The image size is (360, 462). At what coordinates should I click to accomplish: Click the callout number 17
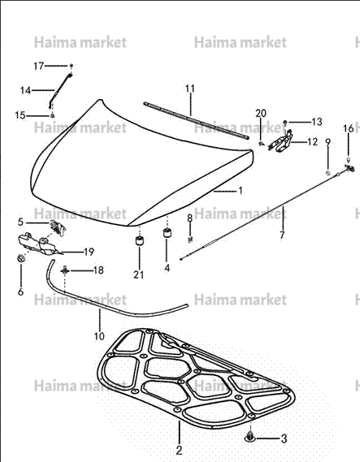click(39, 66)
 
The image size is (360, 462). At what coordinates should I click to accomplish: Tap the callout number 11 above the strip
click(190, 89)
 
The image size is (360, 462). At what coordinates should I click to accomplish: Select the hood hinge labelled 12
click(280, 142)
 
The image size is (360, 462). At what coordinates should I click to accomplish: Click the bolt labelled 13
click(285, 122)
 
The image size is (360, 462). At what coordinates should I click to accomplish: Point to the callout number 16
click(348, 128)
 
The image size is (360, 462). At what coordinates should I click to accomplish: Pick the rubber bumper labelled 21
click(139, 240)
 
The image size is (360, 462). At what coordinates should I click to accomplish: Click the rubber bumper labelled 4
click(167, 233)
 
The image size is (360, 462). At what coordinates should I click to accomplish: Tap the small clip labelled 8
click(190, 240)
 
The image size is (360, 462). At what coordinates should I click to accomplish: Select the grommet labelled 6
click(21, 258)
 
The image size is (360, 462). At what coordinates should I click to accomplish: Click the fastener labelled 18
click(65, 270)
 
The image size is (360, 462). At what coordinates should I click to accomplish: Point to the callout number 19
click(89, 252)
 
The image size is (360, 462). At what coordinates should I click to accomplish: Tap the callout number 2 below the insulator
click(179, 451)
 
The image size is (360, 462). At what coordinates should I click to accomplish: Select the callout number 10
click(99, 336)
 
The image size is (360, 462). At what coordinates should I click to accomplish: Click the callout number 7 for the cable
click(282, 235)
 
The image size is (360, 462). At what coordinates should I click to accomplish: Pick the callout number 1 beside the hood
click(241, 191)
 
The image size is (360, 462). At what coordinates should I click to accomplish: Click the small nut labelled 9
click(327, 173)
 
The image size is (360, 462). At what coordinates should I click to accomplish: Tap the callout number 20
click(261, 113)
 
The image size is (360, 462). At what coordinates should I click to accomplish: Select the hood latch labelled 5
click(58, 228)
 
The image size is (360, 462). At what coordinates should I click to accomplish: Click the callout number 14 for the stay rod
click(25, 90)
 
